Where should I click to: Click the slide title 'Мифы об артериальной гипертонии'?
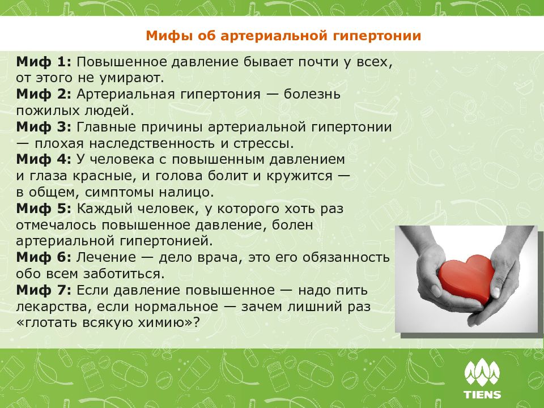tap(283, 36)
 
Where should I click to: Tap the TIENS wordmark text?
tap(482, 394)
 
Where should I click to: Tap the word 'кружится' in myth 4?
tap(305, 175)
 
